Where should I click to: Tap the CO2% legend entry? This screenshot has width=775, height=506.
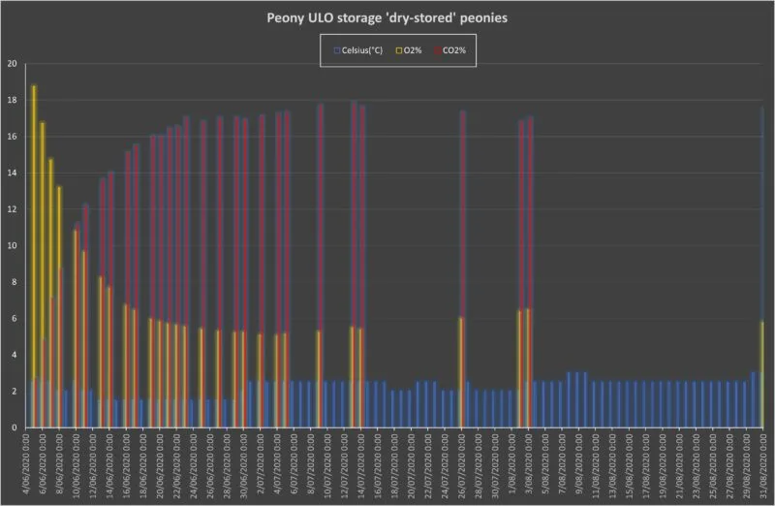click(457, 49)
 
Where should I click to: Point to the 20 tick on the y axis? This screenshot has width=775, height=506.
click(12, 64)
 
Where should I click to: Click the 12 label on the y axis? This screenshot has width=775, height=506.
click(12, 209)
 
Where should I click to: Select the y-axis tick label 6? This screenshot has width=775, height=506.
click(12, 319)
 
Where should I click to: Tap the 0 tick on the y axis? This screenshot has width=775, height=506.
click(12, 427)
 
